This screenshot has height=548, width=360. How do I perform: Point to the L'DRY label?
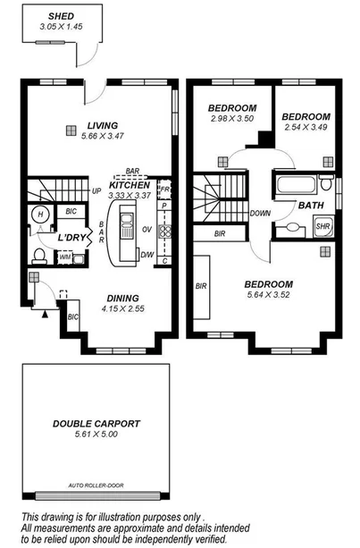point(72,239)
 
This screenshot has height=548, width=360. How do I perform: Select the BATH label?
point(311,205)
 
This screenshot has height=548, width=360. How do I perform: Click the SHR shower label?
point(323,227)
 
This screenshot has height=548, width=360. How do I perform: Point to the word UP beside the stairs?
point(96,191)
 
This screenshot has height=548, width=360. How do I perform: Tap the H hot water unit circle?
point(40,214)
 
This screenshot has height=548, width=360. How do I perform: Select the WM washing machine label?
point(64,257)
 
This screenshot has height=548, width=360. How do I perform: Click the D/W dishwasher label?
point(147,255)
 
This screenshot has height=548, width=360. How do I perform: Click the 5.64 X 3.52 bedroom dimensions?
point(269,299)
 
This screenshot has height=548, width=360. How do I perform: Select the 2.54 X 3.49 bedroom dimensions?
point(306,129)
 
